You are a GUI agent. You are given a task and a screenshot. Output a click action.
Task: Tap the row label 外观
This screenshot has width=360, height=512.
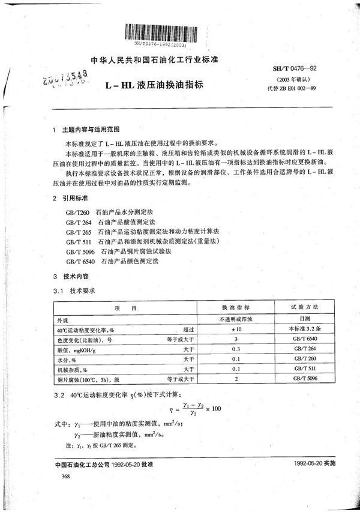pos(62,320)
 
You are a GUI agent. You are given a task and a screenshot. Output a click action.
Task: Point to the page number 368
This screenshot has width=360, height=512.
pos(58,475)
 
